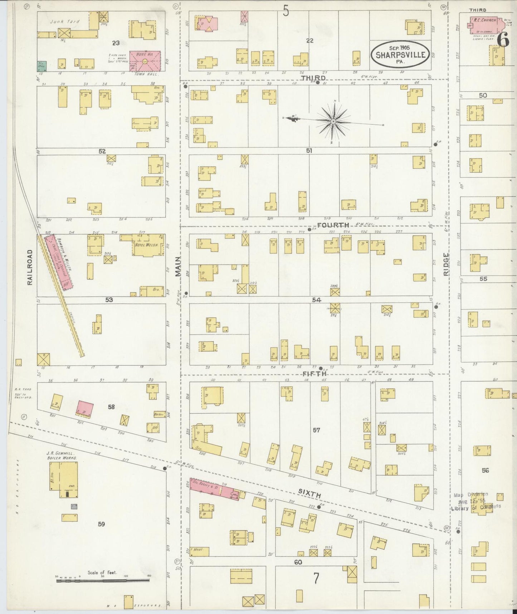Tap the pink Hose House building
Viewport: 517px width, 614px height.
click(x=145, y=60)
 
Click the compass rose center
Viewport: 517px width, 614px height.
click(x=333, y=122)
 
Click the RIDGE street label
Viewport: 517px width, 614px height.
click(x=446, y=264)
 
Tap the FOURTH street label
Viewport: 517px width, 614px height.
click(x=333, y=225)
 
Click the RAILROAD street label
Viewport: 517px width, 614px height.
click(x=30, y=267)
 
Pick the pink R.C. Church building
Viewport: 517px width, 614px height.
click(x=484, y=23)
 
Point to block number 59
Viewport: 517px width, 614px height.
click(x=101, y=524)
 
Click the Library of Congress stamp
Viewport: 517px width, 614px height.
click(x=476, y=501)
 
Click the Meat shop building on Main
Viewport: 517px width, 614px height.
click(x=200, y=551)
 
